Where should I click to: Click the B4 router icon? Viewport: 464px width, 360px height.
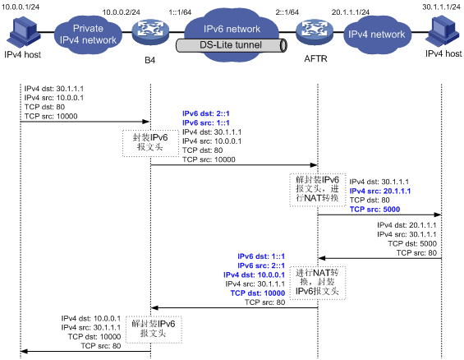pyautogui.click(x=150, y=32)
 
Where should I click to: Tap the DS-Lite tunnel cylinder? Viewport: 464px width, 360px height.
pyautogui.click(x=232, y=45)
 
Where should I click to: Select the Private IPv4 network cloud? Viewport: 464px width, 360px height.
pyautogui.click(x=88, y=35)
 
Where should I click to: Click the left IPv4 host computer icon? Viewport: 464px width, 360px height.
pyautogui.click(x=23, y=32)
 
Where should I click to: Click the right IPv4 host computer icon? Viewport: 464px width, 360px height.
pyautogui.click(x=443, y=30)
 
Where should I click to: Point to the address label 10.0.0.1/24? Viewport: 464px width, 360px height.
pyautogui.click(x=21, y=7)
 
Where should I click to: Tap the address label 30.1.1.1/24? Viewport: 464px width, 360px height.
pyautogui.click(x=441, y=7)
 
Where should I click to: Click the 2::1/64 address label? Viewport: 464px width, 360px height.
pyautogui.click(x=287, y=12)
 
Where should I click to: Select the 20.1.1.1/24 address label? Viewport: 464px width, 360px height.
pyautogui.click(x=351, y=12)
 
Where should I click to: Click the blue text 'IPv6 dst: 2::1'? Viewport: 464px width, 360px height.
pyautogui.click(x=206, y=113)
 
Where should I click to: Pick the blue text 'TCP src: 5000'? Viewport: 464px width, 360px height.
pyautogui.click(x=374, y=210)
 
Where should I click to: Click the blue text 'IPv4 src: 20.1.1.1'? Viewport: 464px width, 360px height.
pyautogui.click(x=380, y=191)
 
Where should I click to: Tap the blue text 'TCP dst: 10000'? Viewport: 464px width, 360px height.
pyautogui.click(x=257, y=293)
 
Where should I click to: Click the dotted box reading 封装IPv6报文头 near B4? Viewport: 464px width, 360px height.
pyautogui.click(x=150, y=143)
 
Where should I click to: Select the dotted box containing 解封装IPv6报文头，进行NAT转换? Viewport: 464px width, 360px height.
pyautogui.click(x=318, y=190)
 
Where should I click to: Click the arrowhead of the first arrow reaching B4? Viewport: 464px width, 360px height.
pyautogui.click(x=147, y=122)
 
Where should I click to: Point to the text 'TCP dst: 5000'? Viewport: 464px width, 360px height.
pyautogui.click(x=412, y=243)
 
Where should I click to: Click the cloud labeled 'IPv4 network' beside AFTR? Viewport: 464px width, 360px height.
pyautogui.click(x=376, y=35)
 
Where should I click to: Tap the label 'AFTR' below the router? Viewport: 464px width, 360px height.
pyautogui.click(x=315, y=59)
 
